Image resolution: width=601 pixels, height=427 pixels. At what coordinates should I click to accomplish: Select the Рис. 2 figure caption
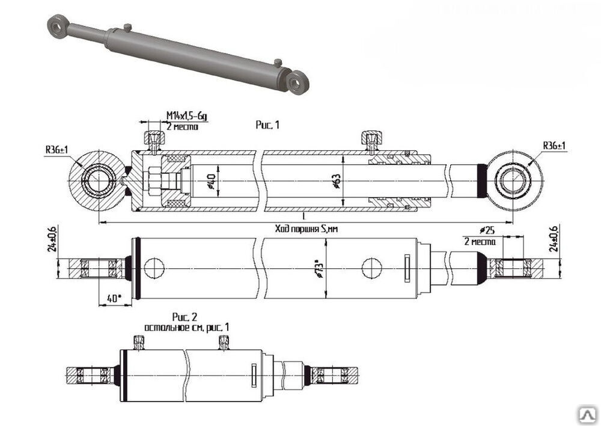(x=185, y=317)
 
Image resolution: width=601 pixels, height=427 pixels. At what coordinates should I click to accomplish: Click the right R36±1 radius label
(x=556, y=146)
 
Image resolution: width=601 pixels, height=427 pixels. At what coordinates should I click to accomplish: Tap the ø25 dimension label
(x=487, y=231)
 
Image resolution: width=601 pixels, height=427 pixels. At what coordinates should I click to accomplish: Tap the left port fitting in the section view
(x=153, y=140)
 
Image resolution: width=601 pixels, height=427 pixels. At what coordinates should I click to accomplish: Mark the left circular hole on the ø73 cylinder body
(x=154, y=268)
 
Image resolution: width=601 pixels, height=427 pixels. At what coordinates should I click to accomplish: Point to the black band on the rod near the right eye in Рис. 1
(x=481, y=180)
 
